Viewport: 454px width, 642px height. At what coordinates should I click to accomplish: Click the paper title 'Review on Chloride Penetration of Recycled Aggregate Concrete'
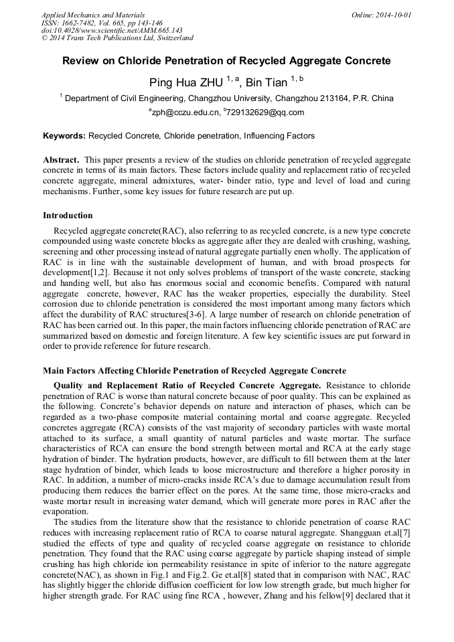point(226,61)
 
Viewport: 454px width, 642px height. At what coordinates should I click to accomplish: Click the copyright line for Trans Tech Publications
point(117,38)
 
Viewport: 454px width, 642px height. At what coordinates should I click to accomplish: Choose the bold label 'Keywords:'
point(64,136)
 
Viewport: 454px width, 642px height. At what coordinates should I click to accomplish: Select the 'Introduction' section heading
point(68,216)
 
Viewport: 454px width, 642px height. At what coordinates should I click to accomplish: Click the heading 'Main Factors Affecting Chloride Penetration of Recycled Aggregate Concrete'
point(194,370)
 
